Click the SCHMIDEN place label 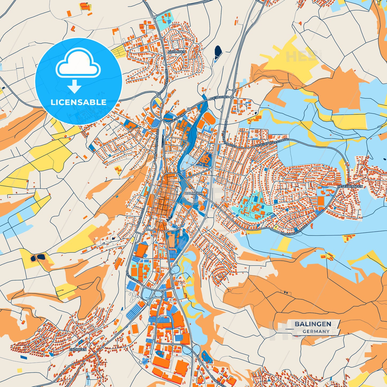[x=177, y=52]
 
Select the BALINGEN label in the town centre [x=193, y=193]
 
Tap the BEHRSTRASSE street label [x=141, y=218]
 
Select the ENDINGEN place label [x=78, y=350]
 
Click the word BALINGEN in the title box [x=313, y=324]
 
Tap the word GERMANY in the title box [x=316, y=331]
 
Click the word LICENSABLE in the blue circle [x=78, y=102]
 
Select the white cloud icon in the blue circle [x=78, y=63]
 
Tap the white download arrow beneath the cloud [x=74, y=87]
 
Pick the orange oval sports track [x=209, y=118]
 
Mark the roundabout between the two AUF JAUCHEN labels [x=189, y=110]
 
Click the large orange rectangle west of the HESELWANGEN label [x=321, y=201]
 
